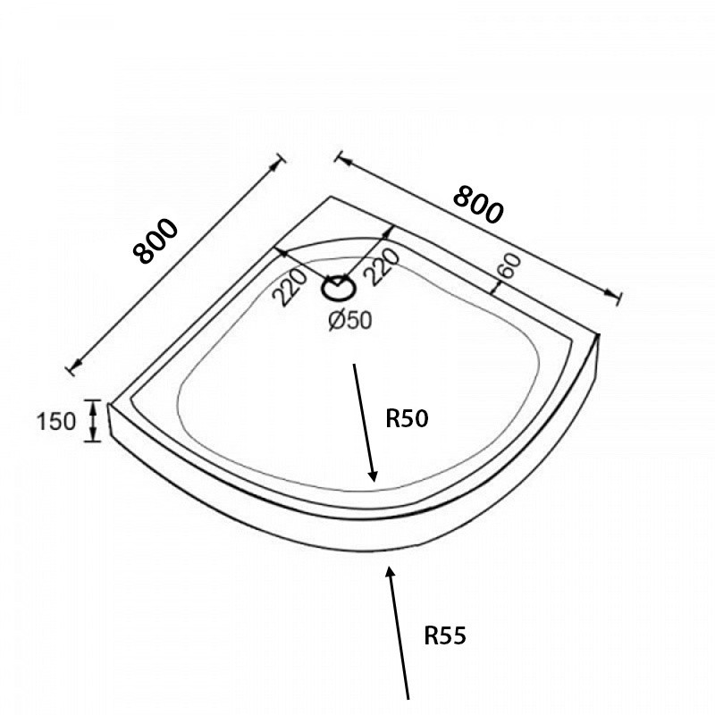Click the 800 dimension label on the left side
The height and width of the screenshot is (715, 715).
(155, 241)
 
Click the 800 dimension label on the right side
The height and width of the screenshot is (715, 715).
(479, 205)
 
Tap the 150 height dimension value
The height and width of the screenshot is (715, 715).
(56, 421)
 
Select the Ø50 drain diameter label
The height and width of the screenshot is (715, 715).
(350, 320)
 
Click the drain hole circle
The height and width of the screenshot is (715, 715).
(339, 288)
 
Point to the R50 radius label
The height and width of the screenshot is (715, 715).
(408, 418)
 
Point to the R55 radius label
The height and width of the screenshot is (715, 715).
(445, 635)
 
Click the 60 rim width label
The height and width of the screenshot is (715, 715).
(509, 265)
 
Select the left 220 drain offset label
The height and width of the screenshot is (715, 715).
(290, 287)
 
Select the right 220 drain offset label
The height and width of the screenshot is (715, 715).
(383, 267)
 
